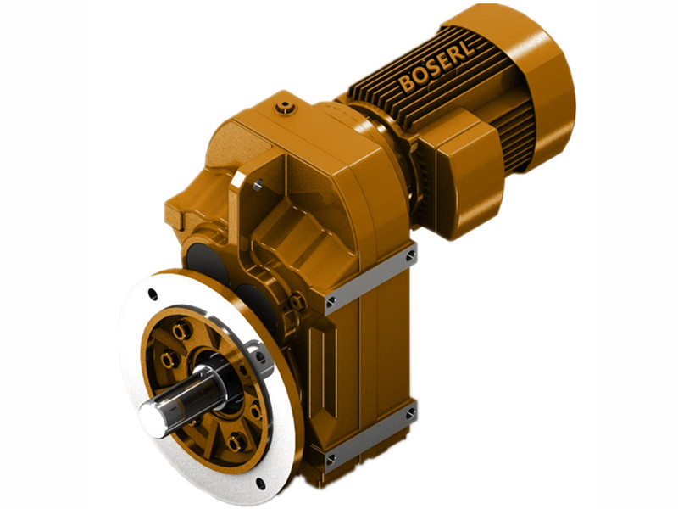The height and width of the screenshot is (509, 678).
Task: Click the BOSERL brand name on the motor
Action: point(437,68)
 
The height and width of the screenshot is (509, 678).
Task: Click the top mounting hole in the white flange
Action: point(153,294)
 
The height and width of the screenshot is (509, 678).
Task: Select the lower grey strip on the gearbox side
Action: point(370,438)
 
